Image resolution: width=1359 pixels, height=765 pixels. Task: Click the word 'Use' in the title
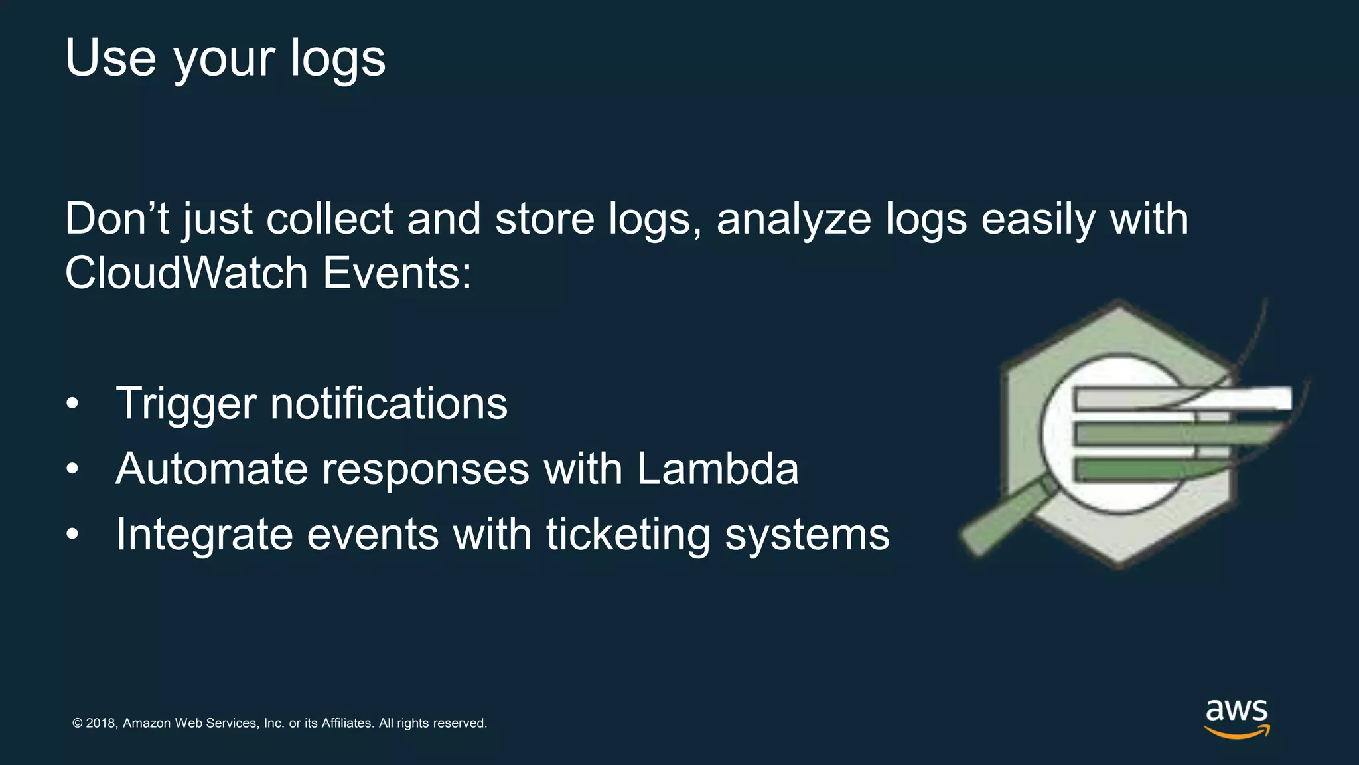click(111, 58)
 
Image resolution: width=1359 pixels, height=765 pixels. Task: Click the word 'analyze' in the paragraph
click(794, 220)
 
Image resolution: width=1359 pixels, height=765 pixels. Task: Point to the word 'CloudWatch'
click(186, 273)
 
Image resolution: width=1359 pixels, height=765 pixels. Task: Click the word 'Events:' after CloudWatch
click(397, 273)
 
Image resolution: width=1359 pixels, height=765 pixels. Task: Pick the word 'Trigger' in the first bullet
click(186, 404)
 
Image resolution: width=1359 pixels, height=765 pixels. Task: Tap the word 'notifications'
click(389, 404)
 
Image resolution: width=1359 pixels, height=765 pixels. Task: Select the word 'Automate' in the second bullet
click(212, 469)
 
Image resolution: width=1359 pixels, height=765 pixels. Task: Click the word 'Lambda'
click(717, 469)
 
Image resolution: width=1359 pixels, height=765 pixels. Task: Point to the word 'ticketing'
click(628, 535)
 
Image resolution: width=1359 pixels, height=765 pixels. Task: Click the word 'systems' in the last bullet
click(807, 535)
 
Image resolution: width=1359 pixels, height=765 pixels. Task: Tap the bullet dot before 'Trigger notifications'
click(72, 404)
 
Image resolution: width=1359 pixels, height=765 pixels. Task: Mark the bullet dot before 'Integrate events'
click(72, 534)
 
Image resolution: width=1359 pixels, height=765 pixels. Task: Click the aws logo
click(1237, 717)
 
